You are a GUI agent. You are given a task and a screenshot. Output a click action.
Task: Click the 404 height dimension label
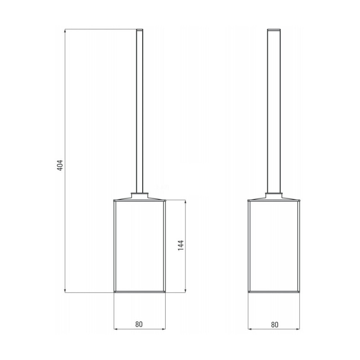point(60,165)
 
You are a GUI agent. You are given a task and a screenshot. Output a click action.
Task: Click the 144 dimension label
point(181,245)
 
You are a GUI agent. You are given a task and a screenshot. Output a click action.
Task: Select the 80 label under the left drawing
point(139,324)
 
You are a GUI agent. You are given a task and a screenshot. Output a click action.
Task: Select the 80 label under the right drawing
point(274,324)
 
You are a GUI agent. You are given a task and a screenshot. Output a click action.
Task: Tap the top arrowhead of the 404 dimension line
point(65,31)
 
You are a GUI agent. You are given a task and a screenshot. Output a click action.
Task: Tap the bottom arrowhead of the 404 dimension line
point(65,291)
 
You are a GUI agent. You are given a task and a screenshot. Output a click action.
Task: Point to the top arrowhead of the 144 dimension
point(185,202)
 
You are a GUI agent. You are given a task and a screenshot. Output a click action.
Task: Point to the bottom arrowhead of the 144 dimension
point(185,291)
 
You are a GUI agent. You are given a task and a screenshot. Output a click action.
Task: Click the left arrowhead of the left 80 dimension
point(116,329)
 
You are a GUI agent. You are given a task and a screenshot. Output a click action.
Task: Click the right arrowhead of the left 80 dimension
point(163,329)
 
